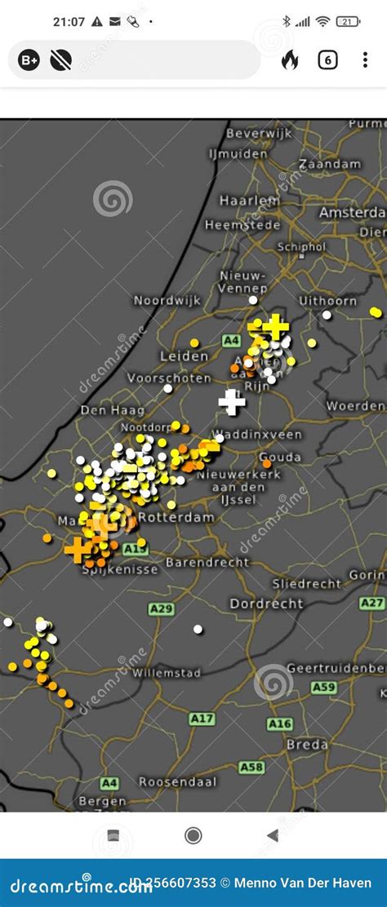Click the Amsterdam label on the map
(x=352, y=212)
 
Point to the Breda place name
(x=307, y=744)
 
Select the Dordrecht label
(x=266, y=604)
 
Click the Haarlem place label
(x=248, y=200)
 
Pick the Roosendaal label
(x=178, y=781)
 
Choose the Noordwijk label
(x=167, y=300)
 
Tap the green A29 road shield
(x=161, y=609)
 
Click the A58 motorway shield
(x=251, y=767)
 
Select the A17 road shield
(x=202, y=719)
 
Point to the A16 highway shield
(x=279, y=723)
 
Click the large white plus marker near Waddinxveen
(x=232, y=401)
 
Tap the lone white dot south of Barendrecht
(x=198, y=629)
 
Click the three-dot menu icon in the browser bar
(x=365, y=60)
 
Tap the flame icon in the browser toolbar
(x=290, y=60)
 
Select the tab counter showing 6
(x=327, y=60)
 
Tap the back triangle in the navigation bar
(x=272, y=835)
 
